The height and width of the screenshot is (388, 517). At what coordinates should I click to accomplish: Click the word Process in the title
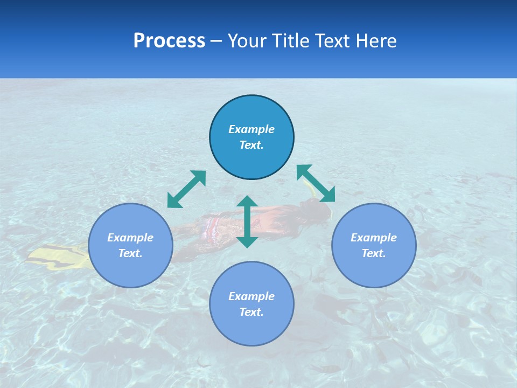point(169,41)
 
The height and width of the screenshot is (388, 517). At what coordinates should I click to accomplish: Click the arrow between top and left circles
point(186,189)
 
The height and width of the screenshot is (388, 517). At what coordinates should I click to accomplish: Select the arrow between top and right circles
point(316,183)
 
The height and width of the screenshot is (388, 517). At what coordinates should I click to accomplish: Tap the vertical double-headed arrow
point(247,221)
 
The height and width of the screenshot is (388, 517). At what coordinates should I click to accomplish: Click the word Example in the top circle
point(251,129)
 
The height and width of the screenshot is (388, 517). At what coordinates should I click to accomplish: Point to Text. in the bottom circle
point(251,312)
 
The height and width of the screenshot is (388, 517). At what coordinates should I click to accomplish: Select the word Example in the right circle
point(374,238)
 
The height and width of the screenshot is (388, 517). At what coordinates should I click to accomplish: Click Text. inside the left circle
point(130,253)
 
